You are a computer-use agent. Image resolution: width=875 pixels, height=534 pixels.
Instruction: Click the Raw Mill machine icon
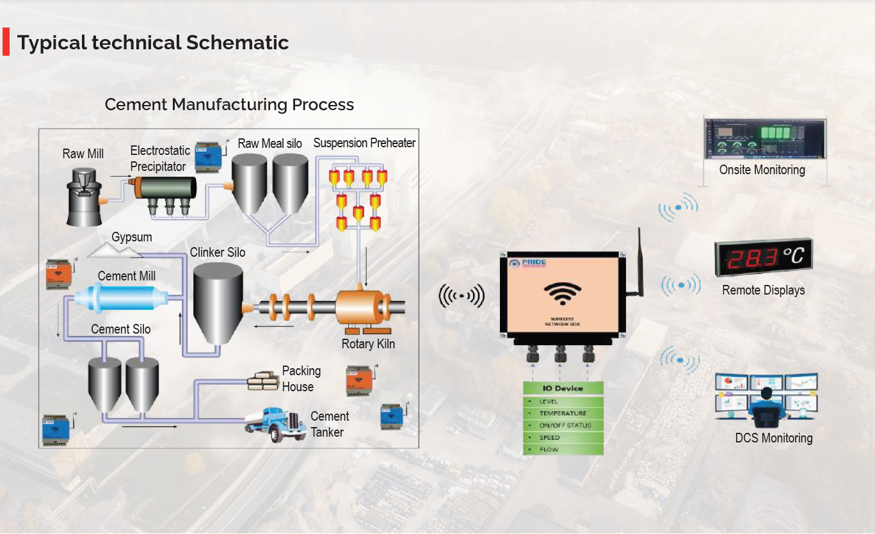[x=83, y=197]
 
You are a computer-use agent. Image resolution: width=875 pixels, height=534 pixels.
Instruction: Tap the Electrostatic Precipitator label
[x=160, y=158]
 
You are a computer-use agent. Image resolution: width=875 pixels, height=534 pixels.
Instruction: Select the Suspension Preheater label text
[x=364, y=143]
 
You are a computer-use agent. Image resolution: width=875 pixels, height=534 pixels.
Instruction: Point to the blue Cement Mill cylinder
[x=120, y=296]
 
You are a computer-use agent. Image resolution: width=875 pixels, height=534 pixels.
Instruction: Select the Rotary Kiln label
[x=368, y=344]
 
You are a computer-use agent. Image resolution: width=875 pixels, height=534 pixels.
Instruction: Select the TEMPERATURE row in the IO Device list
[x=563, y=413]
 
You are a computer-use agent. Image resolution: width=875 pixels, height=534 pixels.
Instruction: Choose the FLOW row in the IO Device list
[x=563, y=449]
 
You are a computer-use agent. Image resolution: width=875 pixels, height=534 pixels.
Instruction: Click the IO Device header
[x=563, y=388]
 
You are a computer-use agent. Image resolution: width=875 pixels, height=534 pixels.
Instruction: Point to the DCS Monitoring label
[x=773, y=438]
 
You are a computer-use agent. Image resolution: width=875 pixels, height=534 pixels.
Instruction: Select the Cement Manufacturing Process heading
[x=229, y=104]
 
